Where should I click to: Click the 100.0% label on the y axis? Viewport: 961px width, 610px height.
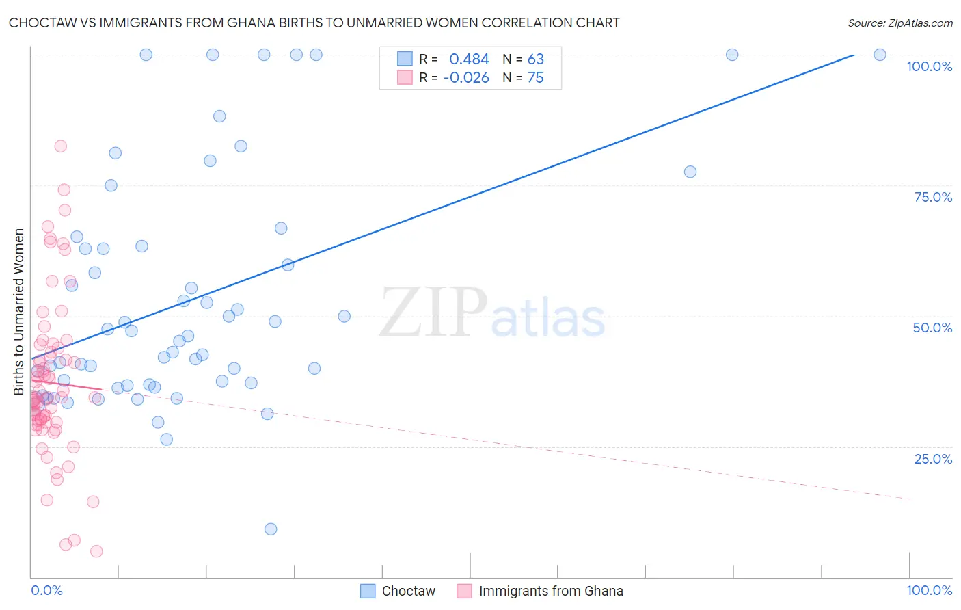click(929, 66)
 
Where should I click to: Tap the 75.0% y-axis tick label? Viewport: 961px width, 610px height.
click(933, 197)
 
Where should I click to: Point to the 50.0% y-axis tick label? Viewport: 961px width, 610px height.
click(932, 328)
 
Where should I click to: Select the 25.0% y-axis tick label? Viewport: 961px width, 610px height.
click(933, 459)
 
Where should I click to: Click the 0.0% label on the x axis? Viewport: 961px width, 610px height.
click(46, 590)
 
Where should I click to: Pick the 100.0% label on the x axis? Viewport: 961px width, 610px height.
click(929, 590)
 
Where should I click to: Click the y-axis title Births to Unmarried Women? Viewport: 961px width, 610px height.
click(18, 312)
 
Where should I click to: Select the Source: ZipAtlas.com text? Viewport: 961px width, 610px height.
click(899, 23)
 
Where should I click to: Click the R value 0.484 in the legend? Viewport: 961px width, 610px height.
click(469, 59)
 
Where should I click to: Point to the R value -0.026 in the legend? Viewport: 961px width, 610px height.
click(466, 77)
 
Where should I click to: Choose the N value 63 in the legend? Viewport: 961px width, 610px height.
click(535, 59)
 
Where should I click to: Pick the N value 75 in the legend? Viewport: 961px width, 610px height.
click(535, 77)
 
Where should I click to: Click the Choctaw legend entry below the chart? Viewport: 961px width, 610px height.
click(408, 591)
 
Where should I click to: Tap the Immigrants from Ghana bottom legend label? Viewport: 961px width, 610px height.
click(550, 591)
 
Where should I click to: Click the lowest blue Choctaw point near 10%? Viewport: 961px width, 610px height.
click(271, 529)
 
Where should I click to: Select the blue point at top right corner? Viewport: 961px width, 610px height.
click(880, 55)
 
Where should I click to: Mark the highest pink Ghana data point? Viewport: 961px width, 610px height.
click(60, 146)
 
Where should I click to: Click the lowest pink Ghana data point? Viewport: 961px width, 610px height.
click(96, 551)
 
